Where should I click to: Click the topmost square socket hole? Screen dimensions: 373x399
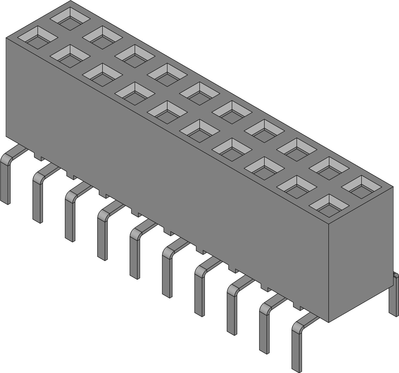pos(70,19)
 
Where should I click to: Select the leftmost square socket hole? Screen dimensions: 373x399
pos(37,37)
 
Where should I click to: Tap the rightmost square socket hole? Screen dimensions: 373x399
pos(362,187)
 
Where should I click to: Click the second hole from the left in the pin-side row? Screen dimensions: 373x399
pos(70,56)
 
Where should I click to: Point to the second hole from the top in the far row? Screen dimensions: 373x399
pos(102,37)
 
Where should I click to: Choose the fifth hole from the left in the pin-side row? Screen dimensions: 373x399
pos(167,112)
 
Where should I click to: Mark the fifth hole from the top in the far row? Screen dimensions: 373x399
pos(200,94)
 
